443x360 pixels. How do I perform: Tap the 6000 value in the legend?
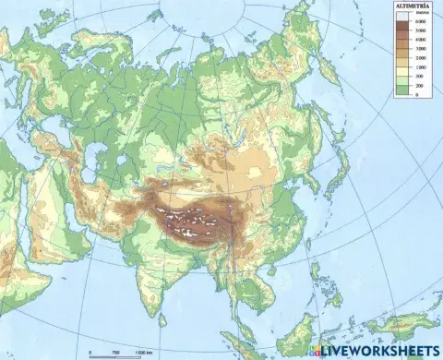coord(420,20)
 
